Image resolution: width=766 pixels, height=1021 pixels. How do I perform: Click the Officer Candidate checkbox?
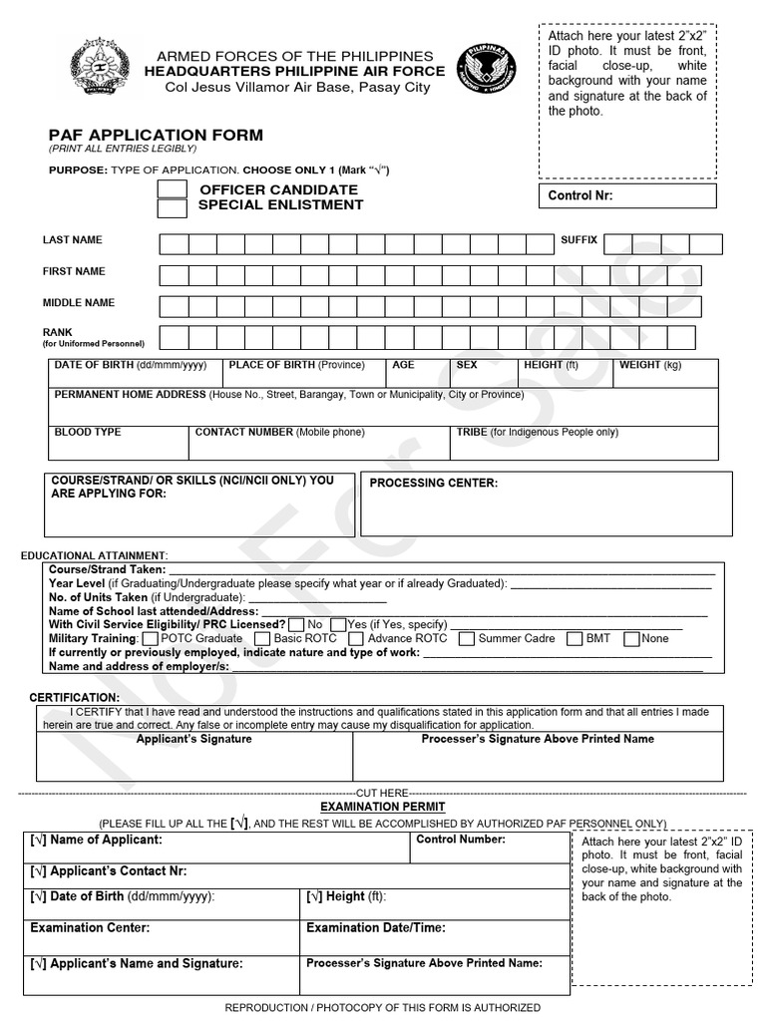point(173,189)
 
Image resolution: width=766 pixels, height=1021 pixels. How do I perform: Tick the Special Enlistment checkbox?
point(173,208)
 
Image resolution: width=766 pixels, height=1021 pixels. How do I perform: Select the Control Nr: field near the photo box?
point(626,195)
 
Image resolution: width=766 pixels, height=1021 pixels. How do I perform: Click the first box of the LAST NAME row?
point(174,244)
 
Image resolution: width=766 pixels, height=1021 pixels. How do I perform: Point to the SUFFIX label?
point(578,240)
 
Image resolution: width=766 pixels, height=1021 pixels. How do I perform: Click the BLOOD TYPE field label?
point(88,432)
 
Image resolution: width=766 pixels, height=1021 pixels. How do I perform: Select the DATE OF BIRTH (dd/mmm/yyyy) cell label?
point(130,365)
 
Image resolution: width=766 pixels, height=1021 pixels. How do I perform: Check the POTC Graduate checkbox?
point(151,639)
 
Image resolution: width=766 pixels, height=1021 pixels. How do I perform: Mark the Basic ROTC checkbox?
point(262,639)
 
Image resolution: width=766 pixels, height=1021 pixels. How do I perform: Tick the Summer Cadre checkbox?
point(467,639)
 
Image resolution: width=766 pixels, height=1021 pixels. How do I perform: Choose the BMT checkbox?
point(574,639)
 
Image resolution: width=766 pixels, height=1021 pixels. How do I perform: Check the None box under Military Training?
point(630,639)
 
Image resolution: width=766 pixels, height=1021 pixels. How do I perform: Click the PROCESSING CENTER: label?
point(433,483)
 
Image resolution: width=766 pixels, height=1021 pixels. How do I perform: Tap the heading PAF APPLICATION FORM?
point(157,135)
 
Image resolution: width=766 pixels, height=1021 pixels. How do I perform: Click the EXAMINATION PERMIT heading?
point(383,806)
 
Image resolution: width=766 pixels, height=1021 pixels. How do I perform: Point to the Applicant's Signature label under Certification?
point(193,739)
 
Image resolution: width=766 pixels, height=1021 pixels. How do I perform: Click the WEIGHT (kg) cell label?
point(649,365)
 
